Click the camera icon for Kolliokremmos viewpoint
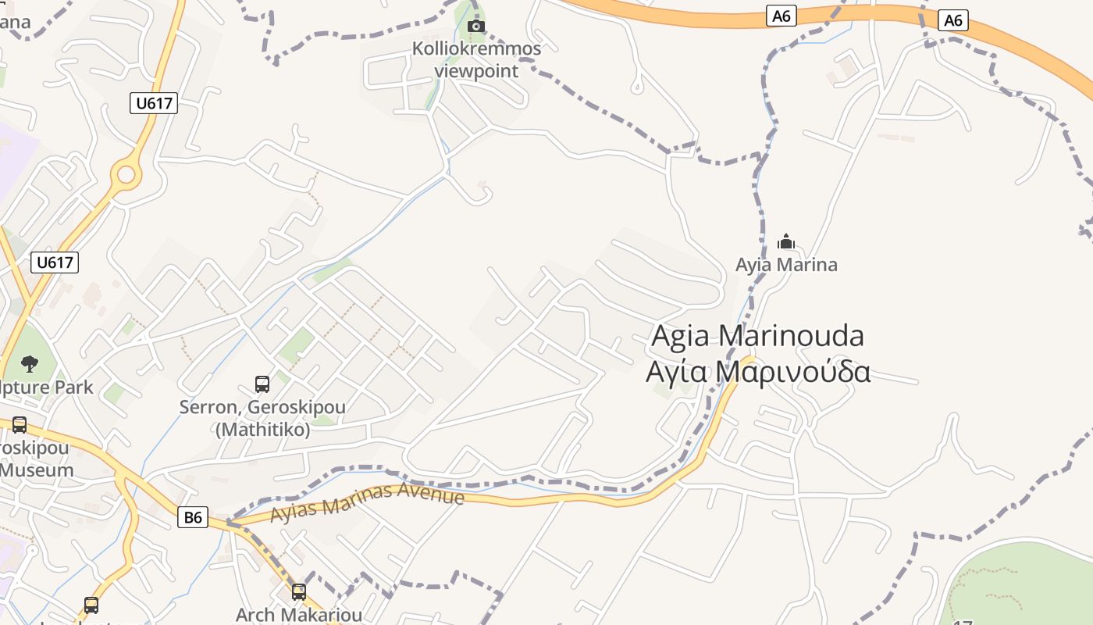[x=475, y=27]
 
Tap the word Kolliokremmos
[x=476, y=49]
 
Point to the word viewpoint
[x=476, y=71]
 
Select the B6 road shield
[x=193, y=516]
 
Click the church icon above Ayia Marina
[x=786, y=241]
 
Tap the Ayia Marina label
[x=786, y=265]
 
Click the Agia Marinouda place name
[x=757, y=336]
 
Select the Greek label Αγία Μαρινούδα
[x=757, y=372]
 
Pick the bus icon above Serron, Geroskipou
[x=262, y=384]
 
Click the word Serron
[x=208, y=408]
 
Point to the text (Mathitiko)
[x=262, y=430]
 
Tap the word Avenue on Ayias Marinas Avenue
[x=431, y=495]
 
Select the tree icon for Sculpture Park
[x=30, y=363]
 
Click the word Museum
[x=37, y=470]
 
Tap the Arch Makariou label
[x=288, y=615]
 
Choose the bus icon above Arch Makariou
[x=299, y=592]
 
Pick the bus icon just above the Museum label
[x=20, y=425]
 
